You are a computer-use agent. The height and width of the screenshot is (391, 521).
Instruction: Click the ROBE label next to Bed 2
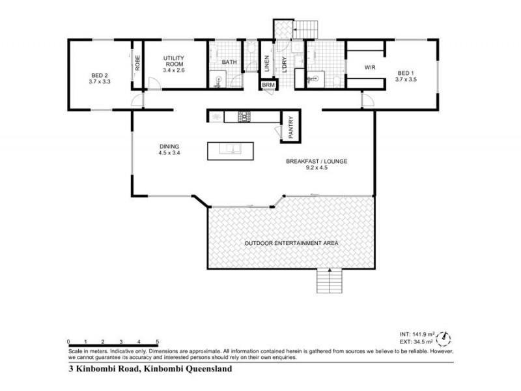137,65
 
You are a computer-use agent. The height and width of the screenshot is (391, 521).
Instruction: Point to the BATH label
229,63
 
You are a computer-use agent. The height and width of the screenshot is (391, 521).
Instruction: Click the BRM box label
268,85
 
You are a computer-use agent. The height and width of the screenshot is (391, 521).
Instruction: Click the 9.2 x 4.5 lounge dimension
316,167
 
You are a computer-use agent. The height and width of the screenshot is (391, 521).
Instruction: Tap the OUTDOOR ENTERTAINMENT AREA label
291,243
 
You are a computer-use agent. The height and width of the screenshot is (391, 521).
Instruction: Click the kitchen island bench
231,151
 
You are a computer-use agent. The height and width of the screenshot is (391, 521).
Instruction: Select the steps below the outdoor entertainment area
330,281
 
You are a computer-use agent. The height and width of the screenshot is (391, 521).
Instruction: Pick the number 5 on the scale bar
158,341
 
